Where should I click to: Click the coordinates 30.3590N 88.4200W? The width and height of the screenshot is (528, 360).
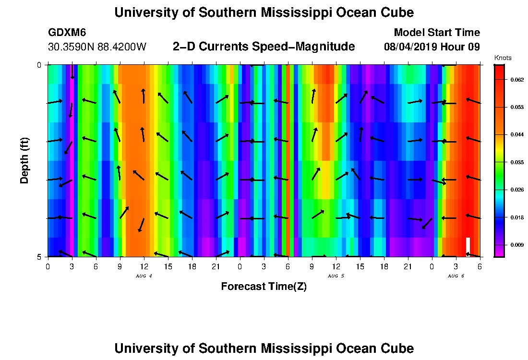[x=97, y=47]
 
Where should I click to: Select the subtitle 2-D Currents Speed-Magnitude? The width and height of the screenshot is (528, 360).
[x=264, y=47]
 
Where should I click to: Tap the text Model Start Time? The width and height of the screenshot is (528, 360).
[x=436, y=33]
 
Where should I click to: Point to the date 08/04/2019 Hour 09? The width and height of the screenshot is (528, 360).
[x=432, y=47]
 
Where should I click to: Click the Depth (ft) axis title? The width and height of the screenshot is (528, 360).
[x=24, y=160]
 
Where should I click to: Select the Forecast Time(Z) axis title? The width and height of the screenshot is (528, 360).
[x=264, y=287]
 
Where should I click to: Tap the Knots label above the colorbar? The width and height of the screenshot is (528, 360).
[x=503, y=58]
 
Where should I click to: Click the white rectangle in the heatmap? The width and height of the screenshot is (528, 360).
[x=468, y=245]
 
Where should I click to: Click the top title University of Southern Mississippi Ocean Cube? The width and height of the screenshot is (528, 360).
[x=264, y=12]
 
